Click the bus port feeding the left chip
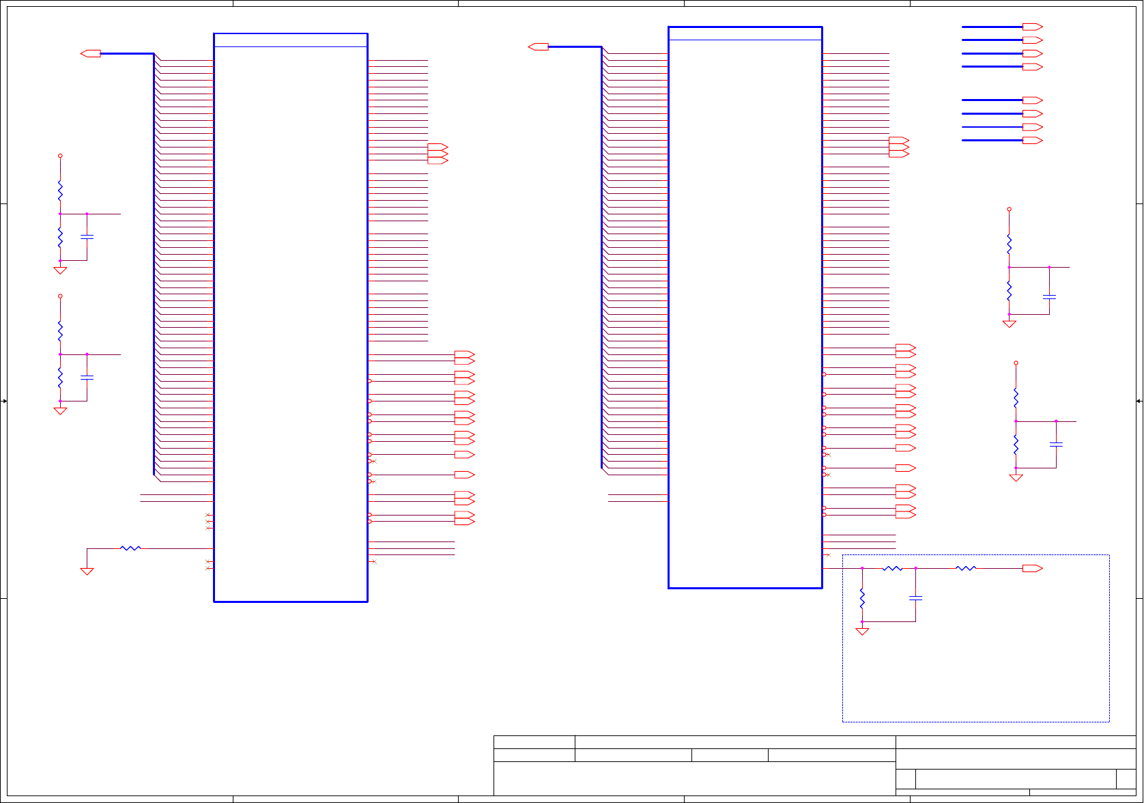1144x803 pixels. pos(91,53)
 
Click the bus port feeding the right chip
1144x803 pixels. pos(539,46)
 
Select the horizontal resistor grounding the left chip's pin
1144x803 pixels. pos(130,548)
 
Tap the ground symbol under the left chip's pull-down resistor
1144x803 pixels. pos(87,572)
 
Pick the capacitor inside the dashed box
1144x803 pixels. pos(915,598)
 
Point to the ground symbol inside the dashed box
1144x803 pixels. pos(862,632)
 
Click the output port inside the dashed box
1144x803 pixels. pos(1032,568)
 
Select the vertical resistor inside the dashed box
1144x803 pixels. pos(862,599)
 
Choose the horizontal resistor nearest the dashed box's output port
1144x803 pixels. pos(966,568)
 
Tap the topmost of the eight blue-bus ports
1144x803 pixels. pos(1032,27)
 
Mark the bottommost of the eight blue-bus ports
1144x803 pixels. pos(1032,141)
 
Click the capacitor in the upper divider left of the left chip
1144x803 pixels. pos(87,237)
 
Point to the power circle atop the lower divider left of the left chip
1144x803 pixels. pos(60,296)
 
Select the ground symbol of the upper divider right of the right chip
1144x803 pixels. pos(1009,324)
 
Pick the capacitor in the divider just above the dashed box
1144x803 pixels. pos(1056,445)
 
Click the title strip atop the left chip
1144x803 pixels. pos(291,40)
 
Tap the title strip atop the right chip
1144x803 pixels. pos(745,33)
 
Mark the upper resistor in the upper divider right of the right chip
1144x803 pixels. pos(1009,243)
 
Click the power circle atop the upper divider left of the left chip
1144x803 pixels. pos(60,156)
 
